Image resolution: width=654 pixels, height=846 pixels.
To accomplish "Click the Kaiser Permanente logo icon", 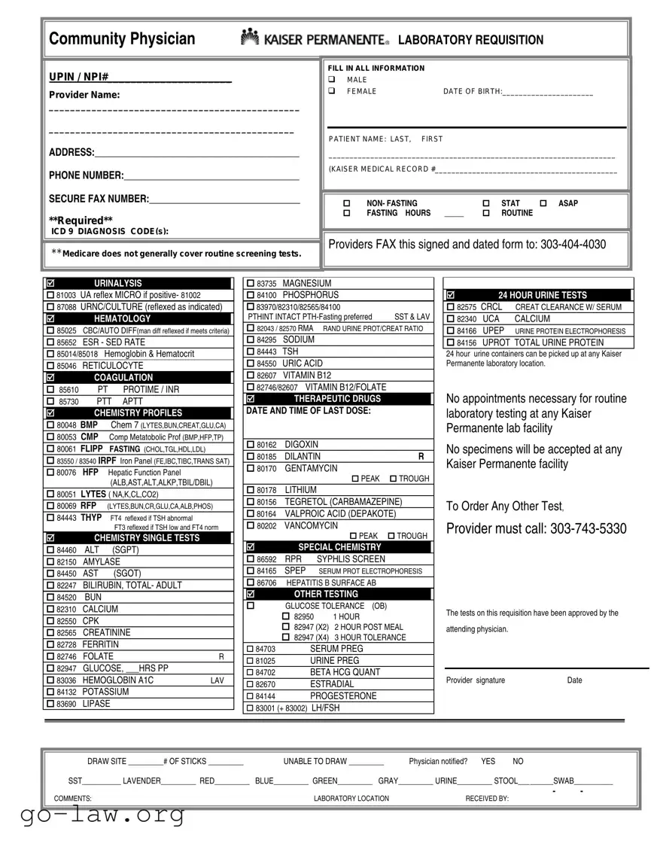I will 250,37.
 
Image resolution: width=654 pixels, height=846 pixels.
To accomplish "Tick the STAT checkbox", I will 486,204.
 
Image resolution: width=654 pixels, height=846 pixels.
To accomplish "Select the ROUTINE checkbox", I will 486,214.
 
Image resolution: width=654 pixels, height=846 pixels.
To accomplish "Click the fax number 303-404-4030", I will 573,245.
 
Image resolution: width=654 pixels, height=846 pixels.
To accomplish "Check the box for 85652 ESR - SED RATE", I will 50,342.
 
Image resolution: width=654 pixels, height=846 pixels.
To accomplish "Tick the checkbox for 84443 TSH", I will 251,351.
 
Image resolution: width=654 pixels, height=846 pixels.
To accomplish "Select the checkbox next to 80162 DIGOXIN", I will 251,445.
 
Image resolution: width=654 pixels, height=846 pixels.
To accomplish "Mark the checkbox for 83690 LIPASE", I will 50,704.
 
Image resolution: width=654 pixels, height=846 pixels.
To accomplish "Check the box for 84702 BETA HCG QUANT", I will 251,673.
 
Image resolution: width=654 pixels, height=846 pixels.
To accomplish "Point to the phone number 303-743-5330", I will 588,529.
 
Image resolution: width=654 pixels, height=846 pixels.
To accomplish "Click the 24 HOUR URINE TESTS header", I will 542,295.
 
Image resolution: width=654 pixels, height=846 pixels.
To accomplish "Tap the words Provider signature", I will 476,680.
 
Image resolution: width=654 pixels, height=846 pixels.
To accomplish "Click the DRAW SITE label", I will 106,762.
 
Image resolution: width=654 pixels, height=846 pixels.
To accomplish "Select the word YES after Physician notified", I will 488,762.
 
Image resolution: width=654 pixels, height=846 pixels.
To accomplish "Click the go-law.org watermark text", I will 93,814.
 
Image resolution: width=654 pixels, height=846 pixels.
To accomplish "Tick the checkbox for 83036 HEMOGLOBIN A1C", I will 50,680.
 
